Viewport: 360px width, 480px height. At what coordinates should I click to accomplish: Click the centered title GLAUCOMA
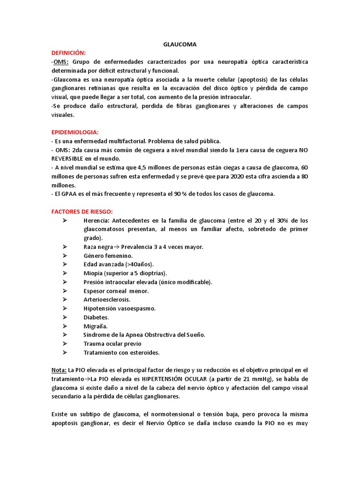coord(180,45)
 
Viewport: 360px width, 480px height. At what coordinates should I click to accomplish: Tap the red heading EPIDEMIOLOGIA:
coord(75,132)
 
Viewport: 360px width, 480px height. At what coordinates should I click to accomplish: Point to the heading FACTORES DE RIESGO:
coord(82,212)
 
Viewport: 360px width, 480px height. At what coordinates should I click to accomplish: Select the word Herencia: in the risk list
coord(97,221)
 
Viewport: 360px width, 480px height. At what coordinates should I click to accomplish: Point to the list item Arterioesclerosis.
coord(107,300)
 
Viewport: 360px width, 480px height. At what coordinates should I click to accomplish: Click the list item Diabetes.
coord(96,317)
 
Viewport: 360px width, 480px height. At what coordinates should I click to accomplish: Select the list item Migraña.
coord(96,326)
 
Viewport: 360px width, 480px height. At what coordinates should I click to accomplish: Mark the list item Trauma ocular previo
coord(112,344)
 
